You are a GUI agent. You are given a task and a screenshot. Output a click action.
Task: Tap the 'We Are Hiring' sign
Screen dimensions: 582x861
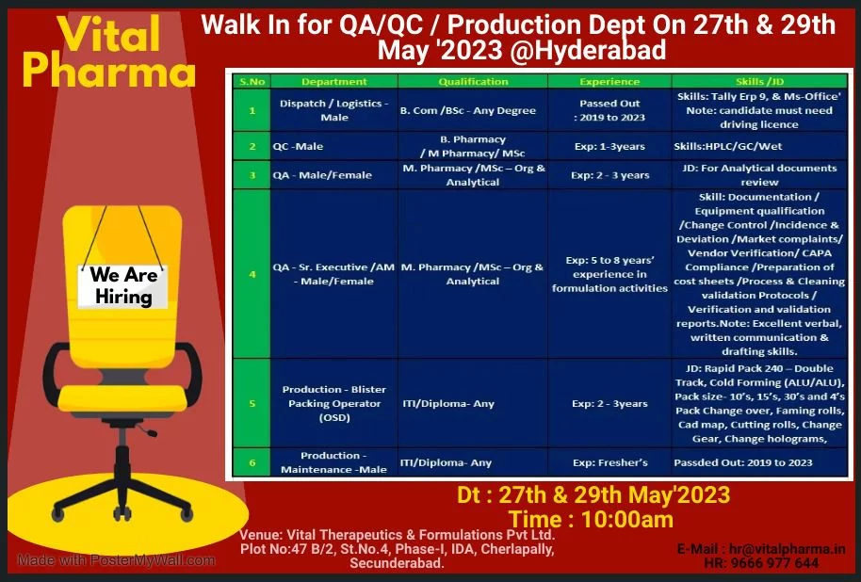point(122,286)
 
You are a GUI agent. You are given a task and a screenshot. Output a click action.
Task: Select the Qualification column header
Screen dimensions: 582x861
point(473,82)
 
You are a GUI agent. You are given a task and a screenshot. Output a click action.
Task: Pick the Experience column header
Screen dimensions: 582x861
point(609,82)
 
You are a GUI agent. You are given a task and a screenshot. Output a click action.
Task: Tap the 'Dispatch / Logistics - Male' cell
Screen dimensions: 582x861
point(334,110)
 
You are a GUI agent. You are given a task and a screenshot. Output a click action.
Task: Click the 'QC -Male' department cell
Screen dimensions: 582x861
point(298,147)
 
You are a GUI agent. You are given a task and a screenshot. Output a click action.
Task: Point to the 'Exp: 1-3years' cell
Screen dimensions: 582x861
point(609,147)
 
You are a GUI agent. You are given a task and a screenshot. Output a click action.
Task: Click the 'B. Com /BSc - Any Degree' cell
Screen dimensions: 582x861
point(467,110)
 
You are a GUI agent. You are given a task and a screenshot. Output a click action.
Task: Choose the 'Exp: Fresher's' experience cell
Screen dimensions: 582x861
point(609,462)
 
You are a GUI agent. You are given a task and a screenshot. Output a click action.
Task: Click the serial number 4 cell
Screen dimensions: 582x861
point(252,274)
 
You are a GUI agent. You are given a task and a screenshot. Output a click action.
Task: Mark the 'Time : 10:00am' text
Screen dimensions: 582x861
point(591,519)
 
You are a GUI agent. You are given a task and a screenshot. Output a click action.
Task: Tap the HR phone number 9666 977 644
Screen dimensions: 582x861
point(761,563)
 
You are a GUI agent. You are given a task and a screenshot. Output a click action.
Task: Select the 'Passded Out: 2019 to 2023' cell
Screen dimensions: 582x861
point(743,462)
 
